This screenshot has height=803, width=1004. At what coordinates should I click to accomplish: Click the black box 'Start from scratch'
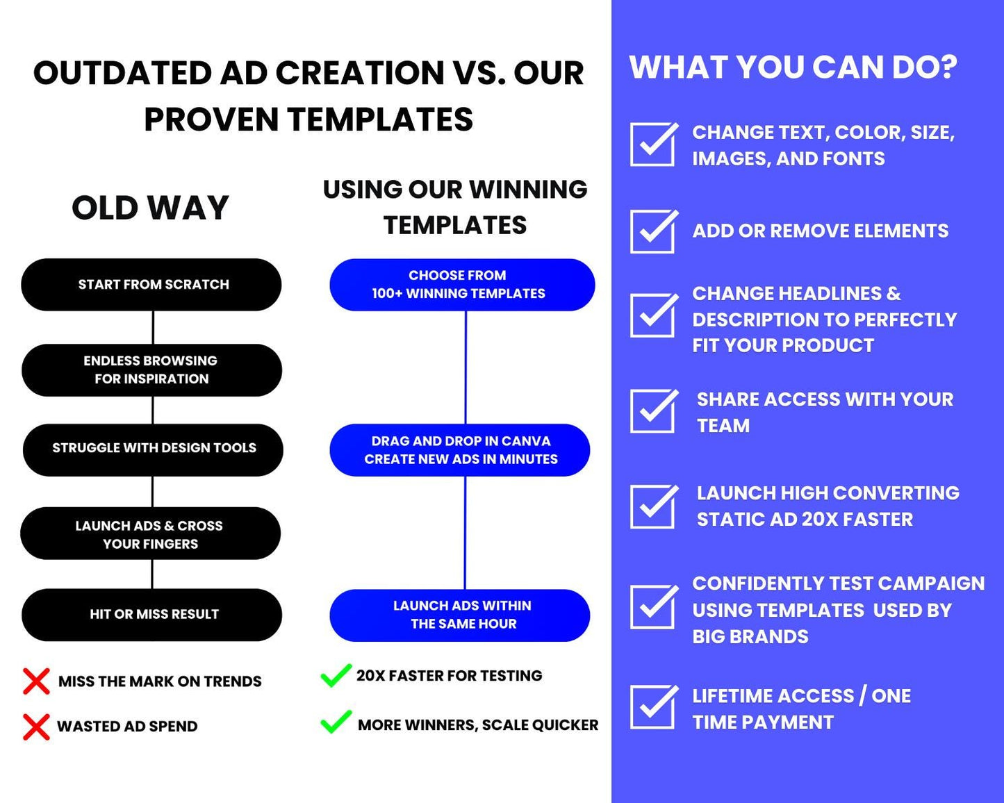click(x=151, y=285)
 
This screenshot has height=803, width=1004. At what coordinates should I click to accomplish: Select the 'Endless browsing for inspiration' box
click(x=151, y=370)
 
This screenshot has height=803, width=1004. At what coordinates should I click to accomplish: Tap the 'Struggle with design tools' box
click(x=153, y=449)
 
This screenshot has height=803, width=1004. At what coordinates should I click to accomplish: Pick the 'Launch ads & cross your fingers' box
click(x=150, y=533)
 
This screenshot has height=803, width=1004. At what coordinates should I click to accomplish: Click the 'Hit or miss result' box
click(x=152, y=614)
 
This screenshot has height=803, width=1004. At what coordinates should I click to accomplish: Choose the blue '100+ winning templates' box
click(x=461, y=285)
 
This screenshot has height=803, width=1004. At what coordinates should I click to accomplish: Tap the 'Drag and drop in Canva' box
click(x=460, y=450)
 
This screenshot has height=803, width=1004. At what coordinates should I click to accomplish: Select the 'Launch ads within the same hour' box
click(x=460, y=615)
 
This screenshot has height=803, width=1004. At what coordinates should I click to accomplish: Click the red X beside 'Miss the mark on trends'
click(x=36, y=681)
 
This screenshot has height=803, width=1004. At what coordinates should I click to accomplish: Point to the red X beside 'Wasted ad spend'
click(x=36, y=727)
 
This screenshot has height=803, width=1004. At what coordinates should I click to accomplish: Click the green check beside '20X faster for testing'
click(x=336, y=675)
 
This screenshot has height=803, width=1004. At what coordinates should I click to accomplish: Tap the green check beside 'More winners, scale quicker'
click(x=336, y=722)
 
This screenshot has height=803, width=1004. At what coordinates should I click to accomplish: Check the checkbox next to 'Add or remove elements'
click(x=652, y=231)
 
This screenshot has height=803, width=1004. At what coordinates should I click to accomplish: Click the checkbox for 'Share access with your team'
click(x=652, y=411)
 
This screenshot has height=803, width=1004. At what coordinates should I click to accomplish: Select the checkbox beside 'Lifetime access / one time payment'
click(x=652, y=707)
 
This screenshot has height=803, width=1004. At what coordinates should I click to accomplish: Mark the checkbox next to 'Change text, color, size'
click(x=652, y=144)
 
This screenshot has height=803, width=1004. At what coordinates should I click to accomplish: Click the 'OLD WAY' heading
click(x=150, y=208)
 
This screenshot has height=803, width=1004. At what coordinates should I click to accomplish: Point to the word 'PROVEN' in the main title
click(x=211, y=119)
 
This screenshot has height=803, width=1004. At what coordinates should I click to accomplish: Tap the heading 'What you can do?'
click(x=793, y=68)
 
